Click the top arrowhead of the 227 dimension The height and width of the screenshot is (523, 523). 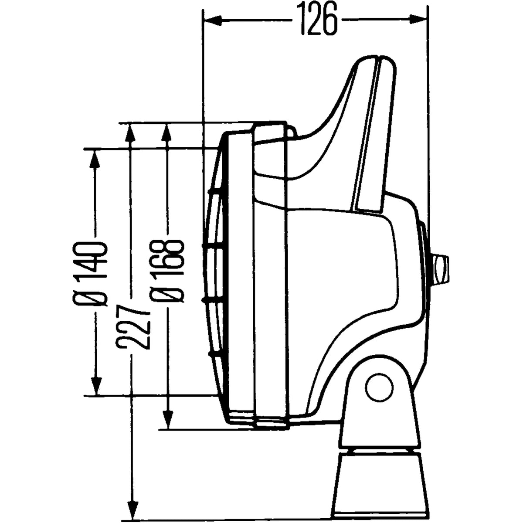129,132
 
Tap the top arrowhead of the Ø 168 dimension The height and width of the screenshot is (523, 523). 166,132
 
